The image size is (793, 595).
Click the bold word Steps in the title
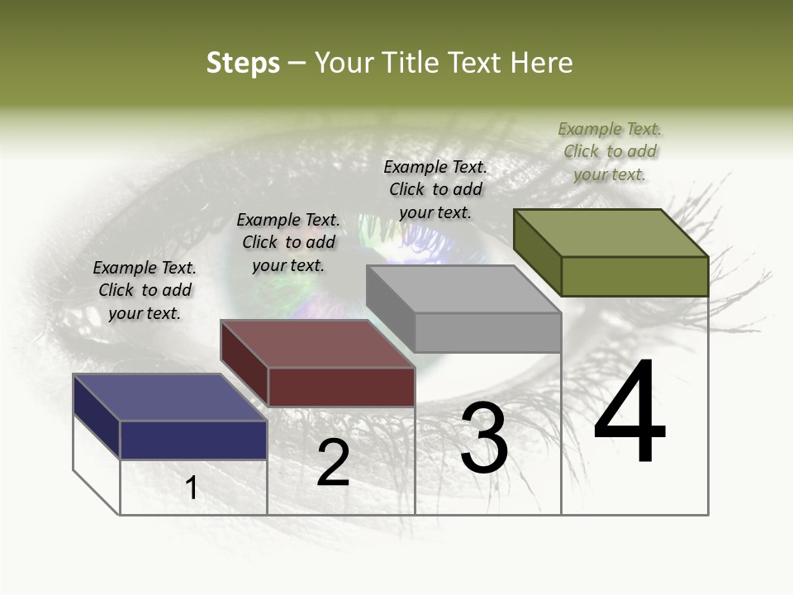click(x=243, y=63)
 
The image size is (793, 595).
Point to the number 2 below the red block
click(x=333, y=463)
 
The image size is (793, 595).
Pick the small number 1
click(x=192, y=488)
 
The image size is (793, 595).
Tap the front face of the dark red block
click(x=341, y=387)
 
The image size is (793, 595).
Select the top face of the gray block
click(x=463, y=289)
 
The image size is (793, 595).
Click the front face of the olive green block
click(x=634, y=276)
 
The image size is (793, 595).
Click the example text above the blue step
click(x=145, y=290)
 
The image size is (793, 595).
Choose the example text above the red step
click(x=288, y=242)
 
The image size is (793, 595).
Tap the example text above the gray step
click(x=435, y=189)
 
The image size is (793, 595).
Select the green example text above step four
click(x=610, y=151)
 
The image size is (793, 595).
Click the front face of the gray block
click(x=487, y=332)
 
